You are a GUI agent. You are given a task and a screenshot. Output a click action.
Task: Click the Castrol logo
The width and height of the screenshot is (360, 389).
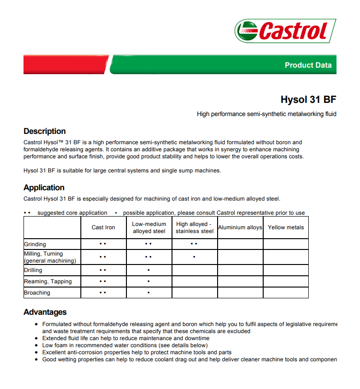(285, 31)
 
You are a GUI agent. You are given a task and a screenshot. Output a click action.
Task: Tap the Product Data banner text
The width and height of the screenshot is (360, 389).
(308, 65)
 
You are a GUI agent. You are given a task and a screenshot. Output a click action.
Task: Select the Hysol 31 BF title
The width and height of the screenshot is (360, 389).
(308, 100)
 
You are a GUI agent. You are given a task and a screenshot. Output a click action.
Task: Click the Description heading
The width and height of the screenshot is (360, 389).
(45, 131)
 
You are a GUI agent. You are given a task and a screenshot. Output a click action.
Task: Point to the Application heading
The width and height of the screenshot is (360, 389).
(44, 187)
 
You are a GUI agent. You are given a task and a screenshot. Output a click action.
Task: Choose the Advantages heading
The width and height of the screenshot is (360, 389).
(45, 312)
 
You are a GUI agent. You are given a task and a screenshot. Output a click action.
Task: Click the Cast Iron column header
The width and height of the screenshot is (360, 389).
(103, 227)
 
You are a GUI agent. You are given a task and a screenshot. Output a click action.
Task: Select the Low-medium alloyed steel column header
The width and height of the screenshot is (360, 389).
(149, 227)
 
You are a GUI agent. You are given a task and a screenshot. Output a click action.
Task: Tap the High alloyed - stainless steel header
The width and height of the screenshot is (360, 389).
(195, 227)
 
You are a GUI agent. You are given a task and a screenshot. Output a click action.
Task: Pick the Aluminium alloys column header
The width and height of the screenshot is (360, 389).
(240, 227)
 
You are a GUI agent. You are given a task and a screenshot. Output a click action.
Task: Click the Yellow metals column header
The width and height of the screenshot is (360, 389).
(286, 227)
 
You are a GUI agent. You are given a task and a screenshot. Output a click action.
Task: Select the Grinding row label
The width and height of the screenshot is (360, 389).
(35, 244)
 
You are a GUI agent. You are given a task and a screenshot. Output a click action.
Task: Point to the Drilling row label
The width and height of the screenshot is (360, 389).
(33, 270)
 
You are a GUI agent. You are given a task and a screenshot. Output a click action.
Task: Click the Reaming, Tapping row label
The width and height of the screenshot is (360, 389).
(48, 281)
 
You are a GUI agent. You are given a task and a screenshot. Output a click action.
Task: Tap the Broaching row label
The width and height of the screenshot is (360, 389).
(37, 293)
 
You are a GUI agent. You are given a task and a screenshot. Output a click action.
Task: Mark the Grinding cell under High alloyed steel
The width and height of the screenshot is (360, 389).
(195, 244)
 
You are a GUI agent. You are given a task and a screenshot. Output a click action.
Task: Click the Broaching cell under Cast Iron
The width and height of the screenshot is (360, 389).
(103, 293)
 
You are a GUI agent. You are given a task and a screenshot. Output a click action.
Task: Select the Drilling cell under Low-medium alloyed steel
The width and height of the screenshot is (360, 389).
(149, 270)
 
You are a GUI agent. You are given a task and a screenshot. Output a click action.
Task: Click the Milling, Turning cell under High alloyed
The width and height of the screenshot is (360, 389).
(195, 257)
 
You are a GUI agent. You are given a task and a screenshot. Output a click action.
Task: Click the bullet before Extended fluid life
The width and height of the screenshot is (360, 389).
(37, 338)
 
